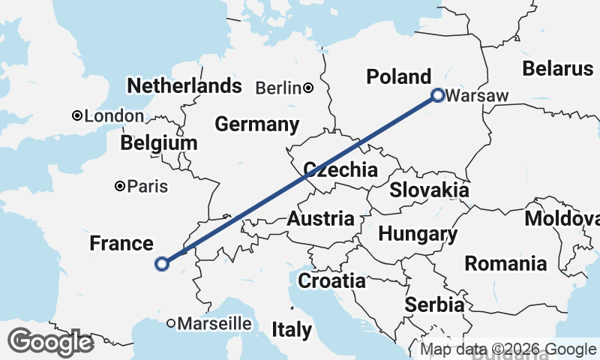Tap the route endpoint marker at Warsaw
tap(438, 94)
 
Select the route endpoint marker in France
tap(161, 263)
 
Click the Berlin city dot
tap(308, 88)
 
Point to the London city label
tap(114, 116)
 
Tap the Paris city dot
tap(119, 186)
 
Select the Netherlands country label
tap(184, 85)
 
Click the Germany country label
tap(257, 124)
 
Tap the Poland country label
tap(398, 76)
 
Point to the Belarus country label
tap(558, 69)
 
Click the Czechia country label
tap(340, 169)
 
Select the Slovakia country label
tap(429, 190)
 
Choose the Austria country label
tap(321, 219)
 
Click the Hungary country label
tap(418, 234)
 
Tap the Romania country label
tap(505, 264)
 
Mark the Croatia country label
tap(332, 281)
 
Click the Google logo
tap(50, 342)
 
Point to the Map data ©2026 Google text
tap(508, 349)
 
